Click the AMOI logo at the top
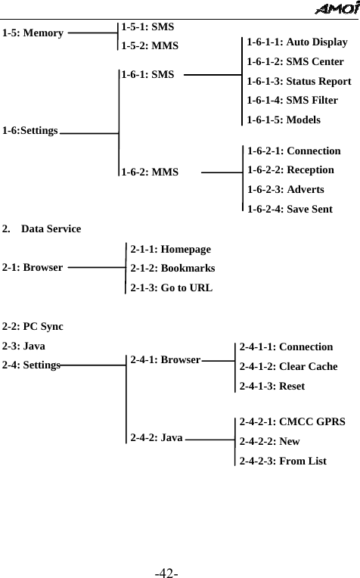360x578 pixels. [335, 8]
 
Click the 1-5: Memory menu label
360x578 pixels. [33, 33]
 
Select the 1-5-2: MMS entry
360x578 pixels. [151, 45]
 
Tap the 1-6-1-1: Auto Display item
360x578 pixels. [297, 42]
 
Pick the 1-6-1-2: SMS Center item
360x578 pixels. [296, 61]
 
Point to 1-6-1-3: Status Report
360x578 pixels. [299, 81]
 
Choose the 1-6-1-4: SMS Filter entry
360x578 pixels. [292, 100]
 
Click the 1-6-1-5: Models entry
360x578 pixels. [284, 120]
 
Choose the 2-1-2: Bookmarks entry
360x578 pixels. [172, 268]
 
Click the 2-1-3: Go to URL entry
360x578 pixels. [171, 287]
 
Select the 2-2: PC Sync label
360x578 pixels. [33, 327]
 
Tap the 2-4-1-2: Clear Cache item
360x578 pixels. [288, 366]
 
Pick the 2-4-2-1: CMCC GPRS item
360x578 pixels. [292, 421]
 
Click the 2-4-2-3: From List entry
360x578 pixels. [283, 460]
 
